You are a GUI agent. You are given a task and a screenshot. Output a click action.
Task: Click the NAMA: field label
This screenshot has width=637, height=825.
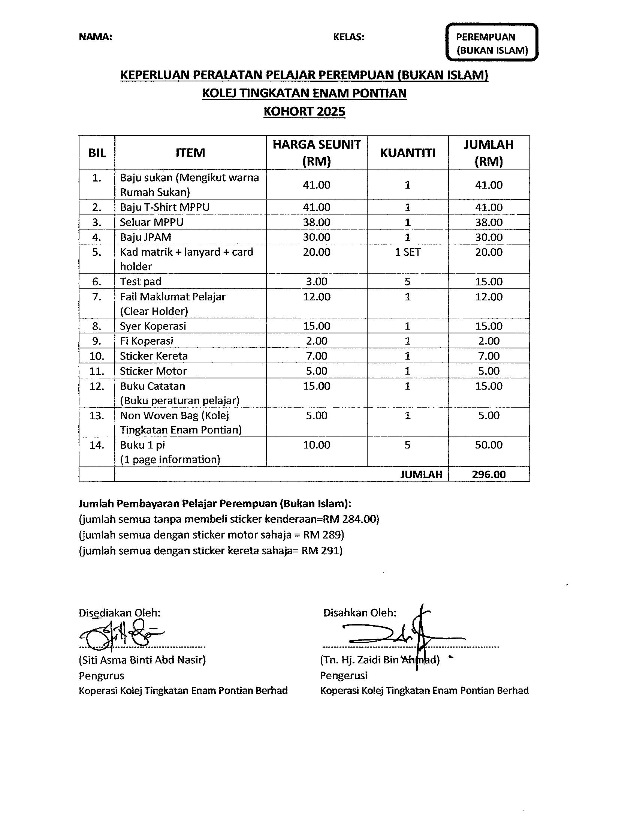96,37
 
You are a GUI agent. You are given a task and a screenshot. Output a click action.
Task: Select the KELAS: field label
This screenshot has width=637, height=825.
349,37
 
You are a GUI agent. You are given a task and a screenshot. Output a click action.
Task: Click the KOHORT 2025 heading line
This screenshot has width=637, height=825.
304,112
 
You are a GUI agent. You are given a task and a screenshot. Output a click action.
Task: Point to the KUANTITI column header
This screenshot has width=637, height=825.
408,153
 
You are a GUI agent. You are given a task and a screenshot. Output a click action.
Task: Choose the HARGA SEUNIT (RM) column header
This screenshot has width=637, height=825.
317,153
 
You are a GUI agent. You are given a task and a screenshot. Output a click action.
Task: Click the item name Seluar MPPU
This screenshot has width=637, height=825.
152,222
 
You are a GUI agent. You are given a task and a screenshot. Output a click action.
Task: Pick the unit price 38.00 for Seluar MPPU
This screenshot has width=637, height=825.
317,222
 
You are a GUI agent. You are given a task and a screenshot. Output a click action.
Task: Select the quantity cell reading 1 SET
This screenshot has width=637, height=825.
408,252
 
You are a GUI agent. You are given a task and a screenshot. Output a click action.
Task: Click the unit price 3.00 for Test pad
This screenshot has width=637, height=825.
317,281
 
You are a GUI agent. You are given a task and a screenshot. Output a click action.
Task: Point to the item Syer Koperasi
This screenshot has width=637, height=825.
153,326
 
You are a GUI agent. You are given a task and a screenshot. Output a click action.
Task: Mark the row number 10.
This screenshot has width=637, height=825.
97,356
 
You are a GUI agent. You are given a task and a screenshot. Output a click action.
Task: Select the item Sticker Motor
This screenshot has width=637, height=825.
153,371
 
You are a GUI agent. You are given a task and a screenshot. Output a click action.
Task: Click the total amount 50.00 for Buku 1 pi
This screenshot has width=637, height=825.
489,445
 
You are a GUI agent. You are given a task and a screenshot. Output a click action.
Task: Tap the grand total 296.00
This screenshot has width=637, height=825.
489,474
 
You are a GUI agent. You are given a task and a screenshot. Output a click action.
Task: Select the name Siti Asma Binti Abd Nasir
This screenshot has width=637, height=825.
142,660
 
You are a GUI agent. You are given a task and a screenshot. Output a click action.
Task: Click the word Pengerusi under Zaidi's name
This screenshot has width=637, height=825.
343,675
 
